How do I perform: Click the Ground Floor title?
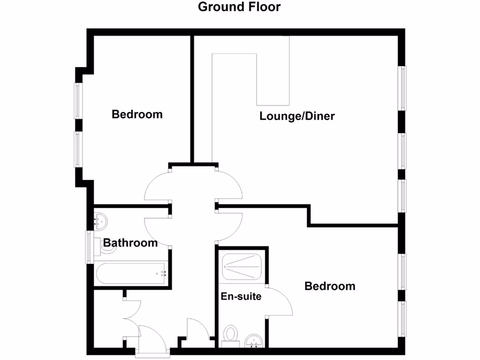pyautogui.click(x=239, y=7)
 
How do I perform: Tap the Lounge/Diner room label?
pyautogui.click(x=297, y=116)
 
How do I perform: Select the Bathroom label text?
pyautogui.click(x=130, y=243)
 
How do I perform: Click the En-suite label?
pyautogui.click(x=241, y=297)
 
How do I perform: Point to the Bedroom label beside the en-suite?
pyautogui.click(x=330, y=286)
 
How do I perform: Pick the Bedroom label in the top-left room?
pyautogui.click(x=137, y=114)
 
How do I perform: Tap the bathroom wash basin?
pyautogui.click(x=100, y=219)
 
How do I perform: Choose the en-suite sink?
pyautogui.click(x=255, y=341)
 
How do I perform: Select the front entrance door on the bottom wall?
pyautogui.click(x=153, y=338)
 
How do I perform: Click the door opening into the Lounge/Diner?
pyautogui.click(x=230, y=184)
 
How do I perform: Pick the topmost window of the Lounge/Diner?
pyautogui.click(x=402, y=88)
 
